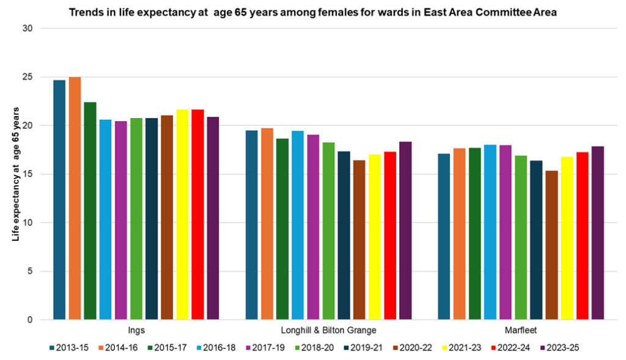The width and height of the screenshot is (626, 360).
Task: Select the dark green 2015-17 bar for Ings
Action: click(x=90, y=211)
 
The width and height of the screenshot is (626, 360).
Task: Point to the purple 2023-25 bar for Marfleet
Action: click(x=597, y=233)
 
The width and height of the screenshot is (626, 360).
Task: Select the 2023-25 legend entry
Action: click(x=559, y=348)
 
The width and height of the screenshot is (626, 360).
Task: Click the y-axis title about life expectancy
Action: click(x=17, y=174)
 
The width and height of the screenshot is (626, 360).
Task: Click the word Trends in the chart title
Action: click(x=86, y=12)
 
